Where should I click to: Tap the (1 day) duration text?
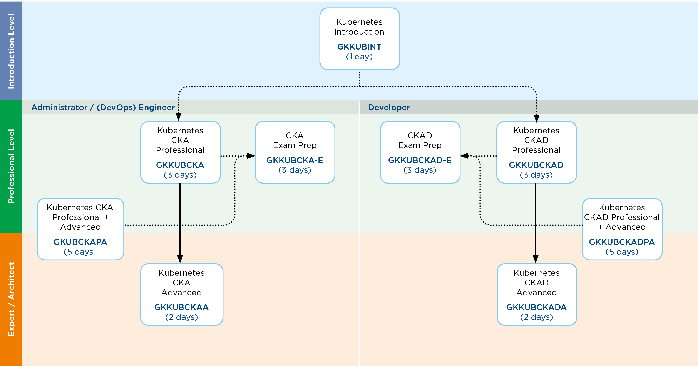point(359,57)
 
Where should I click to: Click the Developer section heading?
point(389,108)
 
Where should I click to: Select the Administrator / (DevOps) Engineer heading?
point(103,108)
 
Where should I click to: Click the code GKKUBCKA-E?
point(295,160)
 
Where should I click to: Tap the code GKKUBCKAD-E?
point(420,160)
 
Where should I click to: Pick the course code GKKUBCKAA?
point(181,307)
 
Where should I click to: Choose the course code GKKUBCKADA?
point(536,307)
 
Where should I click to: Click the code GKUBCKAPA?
point(80,242)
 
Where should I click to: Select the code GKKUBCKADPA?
point(622,242)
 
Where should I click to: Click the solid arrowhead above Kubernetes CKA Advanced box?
point(180,259)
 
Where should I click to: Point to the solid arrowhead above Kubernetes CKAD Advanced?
point(536,259)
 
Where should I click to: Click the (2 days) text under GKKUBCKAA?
point(181,317)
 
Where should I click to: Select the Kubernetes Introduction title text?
point(359,27)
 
